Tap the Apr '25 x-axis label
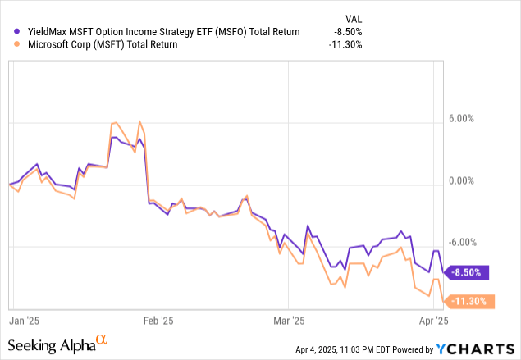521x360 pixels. coord(434,321)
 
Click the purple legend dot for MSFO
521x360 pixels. coord(9,31)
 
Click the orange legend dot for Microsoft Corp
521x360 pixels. coord(9,45)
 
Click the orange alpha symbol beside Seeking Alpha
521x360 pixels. coord(102,339)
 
